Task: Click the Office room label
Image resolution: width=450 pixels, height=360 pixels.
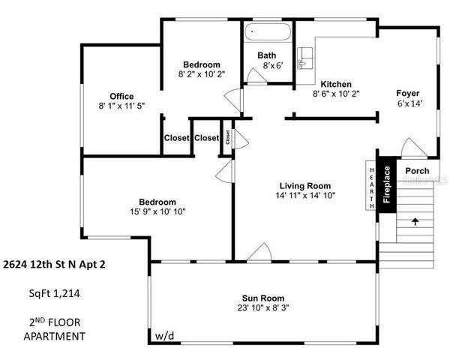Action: [121, 96]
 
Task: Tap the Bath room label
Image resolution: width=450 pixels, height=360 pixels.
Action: [266, 55]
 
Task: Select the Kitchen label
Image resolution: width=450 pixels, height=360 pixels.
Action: [336, 83]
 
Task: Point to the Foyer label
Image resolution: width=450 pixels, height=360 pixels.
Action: [408, 93]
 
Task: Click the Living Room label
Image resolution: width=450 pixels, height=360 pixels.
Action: [305, 185]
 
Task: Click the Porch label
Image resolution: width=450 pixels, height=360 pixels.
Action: [417, 171]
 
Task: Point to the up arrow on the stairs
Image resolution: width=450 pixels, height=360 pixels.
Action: [415, 221]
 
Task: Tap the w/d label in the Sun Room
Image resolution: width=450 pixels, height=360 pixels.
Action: [164, 335]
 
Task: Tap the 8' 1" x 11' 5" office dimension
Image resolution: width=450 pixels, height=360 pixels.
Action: [121, 106]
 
